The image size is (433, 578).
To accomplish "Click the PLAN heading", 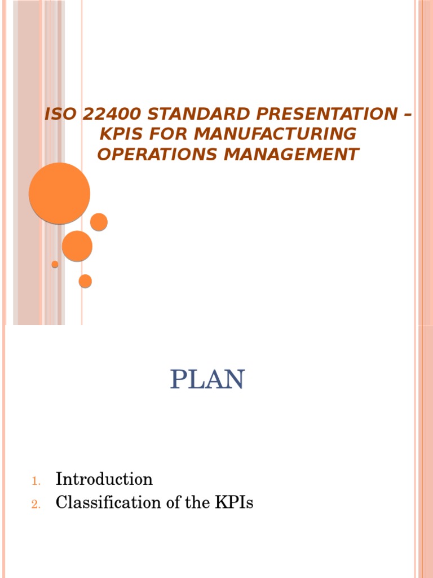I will coord(207,379).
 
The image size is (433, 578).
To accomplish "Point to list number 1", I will coord(35,481).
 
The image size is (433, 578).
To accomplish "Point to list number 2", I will coord(35,505).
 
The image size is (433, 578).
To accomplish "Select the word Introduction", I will coord(104,480).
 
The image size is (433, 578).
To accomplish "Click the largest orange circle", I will coord(60,193).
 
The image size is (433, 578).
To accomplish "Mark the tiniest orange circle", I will coord(55,264).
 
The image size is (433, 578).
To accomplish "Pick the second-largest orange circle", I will coord(77,246).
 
